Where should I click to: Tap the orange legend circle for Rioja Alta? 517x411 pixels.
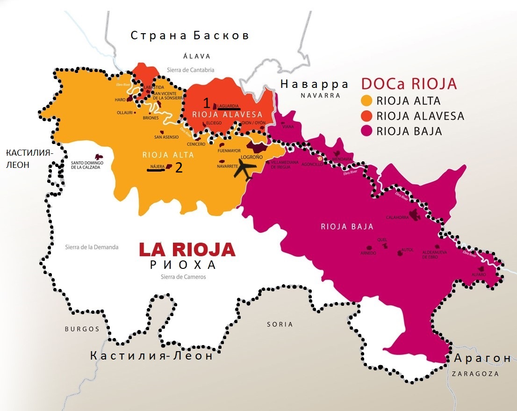[367, 101]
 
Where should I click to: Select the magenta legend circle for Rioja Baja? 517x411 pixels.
[367, 131]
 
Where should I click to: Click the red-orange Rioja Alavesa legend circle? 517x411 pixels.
[367, 116]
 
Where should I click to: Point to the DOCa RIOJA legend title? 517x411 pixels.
[409, 84]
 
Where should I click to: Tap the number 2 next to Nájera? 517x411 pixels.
[179, 168]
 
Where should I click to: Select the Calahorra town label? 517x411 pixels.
[397, 217]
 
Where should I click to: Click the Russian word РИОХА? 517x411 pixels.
[183, 265]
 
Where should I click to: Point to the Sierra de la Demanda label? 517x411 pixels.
[92, 247]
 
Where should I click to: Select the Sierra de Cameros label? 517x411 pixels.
[183, 277]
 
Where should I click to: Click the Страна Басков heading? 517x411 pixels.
[190, 36]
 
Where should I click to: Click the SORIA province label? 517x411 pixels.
[280, 324]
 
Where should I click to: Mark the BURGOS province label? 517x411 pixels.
[82, 329]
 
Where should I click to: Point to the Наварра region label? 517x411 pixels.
[314, 84]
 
